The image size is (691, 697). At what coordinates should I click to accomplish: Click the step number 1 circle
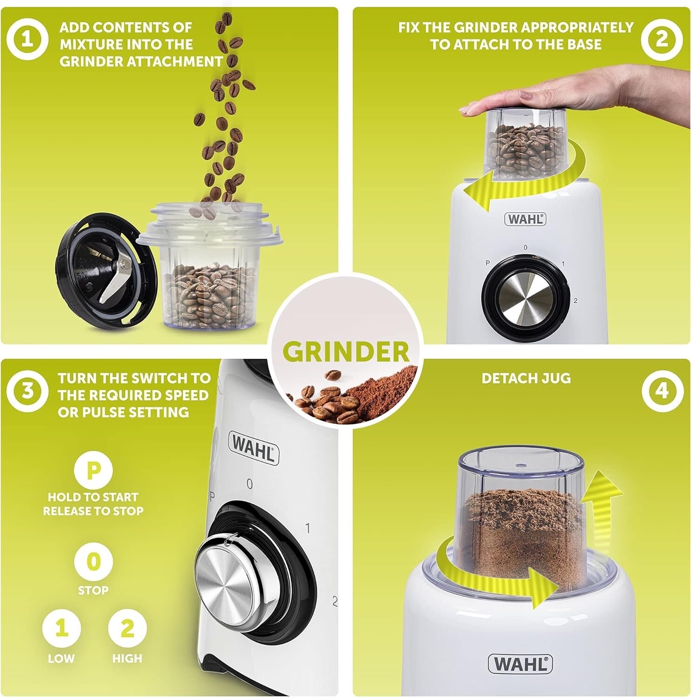27,38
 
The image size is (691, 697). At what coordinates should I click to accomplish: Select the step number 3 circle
27,390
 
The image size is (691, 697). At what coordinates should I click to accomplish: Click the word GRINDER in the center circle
346,352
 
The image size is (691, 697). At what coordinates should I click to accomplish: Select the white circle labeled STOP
93,562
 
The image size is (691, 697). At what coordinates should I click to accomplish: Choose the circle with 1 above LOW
61,629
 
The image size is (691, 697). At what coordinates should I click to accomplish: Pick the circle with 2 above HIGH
127,629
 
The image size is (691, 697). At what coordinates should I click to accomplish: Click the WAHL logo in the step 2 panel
525,219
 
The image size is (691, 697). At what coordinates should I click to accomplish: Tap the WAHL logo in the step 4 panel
520,664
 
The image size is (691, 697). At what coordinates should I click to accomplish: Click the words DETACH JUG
526,378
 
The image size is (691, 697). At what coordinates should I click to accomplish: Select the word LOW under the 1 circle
61,658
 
